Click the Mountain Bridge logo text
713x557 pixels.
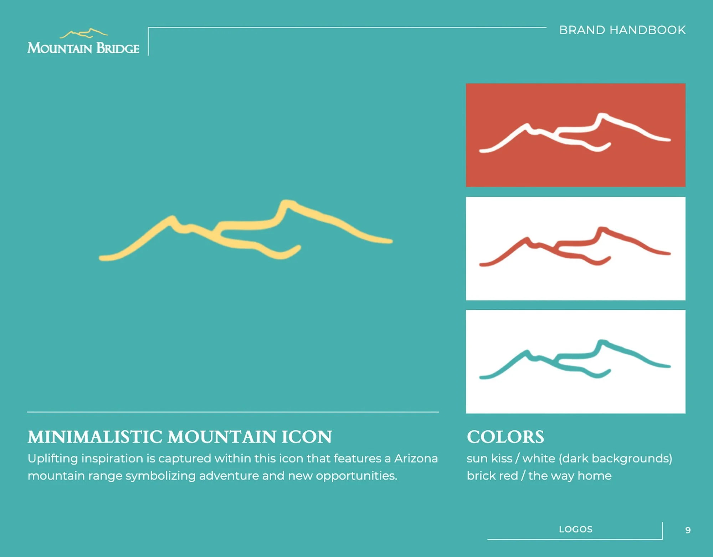(x=83, y=48)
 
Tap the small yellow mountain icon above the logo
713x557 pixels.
(x=84, y=34)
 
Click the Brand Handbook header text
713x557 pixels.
(x=622, y=30)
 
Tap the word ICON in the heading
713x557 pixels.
(x=307, y=437)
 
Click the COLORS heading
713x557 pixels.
(x=505, y=437)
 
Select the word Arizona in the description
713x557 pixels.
(x=416, y=459)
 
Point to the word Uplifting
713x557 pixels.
(x=52, y=459)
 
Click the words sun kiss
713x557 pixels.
(x=489, y=459)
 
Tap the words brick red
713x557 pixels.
(x=492, y=476)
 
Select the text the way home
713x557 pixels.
(x=570, y=476)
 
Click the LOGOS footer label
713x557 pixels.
(x=575, y=530)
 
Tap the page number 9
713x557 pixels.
(x=688, y=530)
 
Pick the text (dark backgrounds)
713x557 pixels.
(x=615, y=459)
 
